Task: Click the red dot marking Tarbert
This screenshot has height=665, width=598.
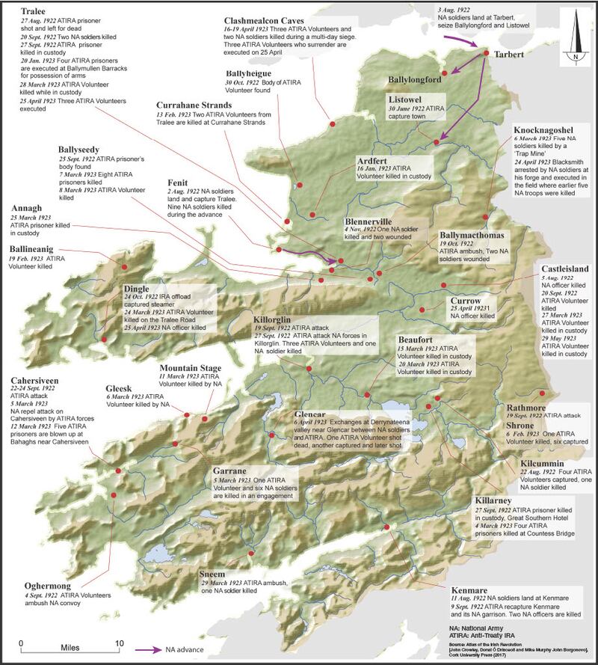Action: pos(485,54)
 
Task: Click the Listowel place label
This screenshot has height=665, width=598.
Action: pos(408,99)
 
